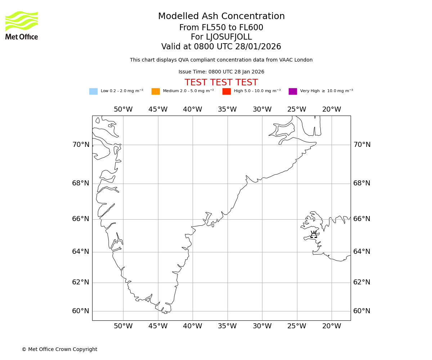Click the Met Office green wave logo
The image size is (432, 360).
(x=22, y=21)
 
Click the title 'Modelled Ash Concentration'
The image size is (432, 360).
(x=221, y=17)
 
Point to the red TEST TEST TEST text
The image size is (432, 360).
(x=221, y=82)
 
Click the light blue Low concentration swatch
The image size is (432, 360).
(x=93, y=91)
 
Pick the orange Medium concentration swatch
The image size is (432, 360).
(x=156, y=91)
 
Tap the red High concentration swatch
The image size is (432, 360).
(x=226, y=91)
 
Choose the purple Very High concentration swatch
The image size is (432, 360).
(x=293, y=91)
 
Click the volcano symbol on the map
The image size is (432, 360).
(x=314, y=235)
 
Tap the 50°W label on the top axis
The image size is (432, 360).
(x=123, y=109)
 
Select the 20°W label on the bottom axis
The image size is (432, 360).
(x=332, y=326)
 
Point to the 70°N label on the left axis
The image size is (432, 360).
(x=81, y=145)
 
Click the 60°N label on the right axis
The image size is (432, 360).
(x=362, y=311)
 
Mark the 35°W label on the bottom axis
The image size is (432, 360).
(x=227, y=326)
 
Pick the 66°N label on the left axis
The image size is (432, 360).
(x=81, y=219)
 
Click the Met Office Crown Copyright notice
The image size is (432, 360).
(x=59, y=349)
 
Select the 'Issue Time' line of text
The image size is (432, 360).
(x=221, y=72)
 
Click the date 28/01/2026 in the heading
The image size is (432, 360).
(x=258, y=47)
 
